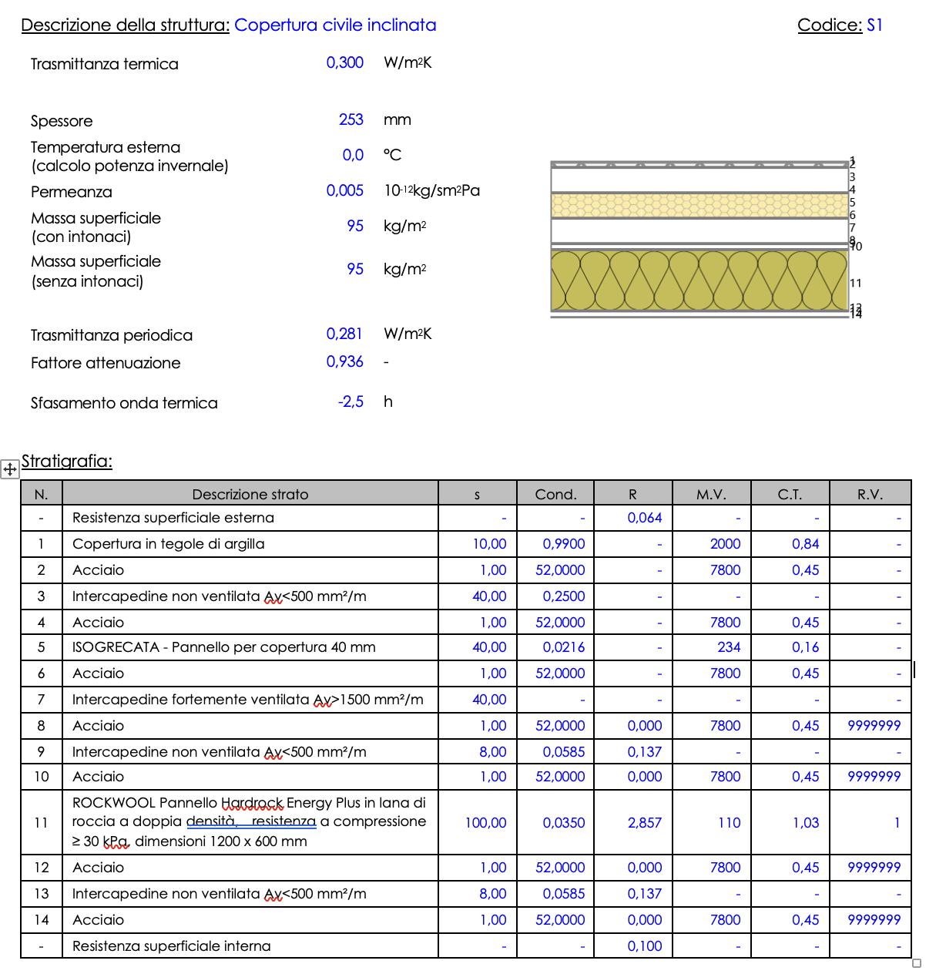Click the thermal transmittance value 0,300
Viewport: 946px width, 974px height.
point(344,62)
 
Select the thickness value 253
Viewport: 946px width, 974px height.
point(351,119)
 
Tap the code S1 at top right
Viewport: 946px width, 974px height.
point(874,25)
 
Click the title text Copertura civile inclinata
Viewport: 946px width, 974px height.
point(335,25)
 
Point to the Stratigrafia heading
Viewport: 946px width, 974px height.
point(67,461)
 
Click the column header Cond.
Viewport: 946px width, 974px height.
point(555,494)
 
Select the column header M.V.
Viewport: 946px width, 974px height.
point(711,494)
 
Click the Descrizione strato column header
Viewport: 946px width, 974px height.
point(250,494)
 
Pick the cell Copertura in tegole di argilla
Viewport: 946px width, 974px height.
point(169,544)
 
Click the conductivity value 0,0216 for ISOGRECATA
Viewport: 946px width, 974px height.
point(563,647)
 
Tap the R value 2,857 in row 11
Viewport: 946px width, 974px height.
point(644,823)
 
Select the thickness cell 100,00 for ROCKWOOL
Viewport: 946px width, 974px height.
point(485,823)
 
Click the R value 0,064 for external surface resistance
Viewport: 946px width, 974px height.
point(644,518)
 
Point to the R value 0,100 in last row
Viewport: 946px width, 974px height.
point(644,946)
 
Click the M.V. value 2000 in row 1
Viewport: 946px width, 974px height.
point(725,544)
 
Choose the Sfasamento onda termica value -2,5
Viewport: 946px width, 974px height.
point(351,401)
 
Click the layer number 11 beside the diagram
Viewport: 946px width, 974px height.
point(855,283)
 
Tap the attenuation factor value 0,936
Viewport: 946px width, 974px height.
point(344,361)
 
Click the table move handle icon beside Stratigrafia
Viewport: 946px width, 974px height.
point(10,469)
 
